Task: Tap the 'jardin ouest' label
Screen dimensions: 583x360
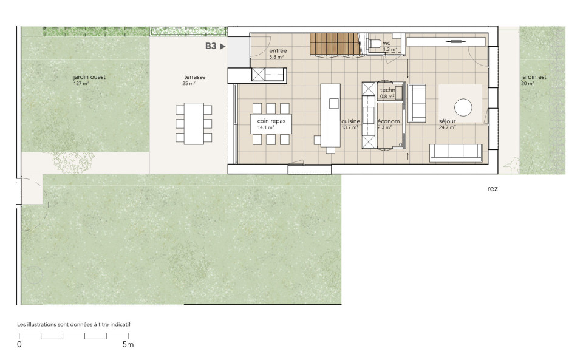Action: [89, 77]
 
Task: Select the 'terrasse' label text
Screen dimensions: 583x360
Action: [194, 77]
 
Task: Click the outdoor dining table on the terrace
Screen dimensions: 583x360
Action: [194, 124]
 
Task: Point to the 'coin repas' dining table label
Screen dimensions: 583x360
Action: [271, 121]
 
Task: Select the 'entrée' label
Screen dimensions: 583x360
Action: [278, 50]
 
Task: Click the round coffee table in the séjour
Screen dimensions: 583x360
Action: [463, 107]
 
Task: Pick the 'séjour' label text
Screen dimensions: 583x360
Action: [447, 121]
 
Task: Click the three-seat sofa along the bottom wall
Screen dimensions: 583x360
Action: [456, 153]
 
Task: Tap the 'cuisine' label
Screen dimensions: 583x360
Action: [350, 121]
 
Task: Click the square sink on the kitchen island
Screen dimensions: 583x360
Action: [333, 103]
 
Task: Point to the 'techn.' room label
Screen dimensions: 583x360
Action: [388, 90]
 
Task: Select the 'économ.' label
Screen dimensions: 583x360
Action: [389, 121]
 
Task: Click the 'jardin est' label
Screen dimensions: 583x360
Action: [534, 77]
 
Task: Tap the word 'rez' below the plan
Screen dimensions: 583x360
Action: [493, 189]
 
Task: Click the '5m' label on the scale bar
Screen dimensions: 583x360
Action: [128, 344]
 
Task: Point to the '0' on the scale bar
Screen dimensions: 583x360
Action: [19, 344]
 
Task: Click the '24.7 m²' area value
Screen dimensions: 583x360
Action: [448, 127]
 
